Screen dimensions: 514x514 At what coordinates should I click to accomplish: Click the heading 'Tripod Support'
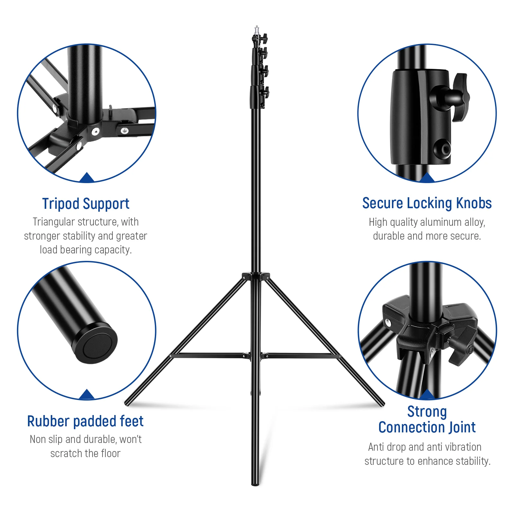[85, 204]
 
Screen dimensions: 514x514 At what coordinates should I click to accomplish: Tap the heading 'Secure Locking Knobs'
[427, 203]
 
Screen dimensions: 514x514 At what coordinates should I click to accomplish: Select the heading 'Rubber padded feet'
[85, 421]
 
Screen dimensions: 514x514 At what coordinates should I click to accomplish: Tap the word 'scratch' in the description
[66, 453]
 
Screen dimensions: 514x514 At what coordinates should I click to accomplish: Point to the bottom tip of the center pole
[255, 483]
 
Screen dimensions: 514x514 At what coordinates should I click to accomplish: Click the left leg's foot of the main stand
[127, 403]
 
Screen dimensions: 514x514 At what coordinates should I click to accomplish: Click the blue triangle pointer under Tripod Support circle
[86, 178]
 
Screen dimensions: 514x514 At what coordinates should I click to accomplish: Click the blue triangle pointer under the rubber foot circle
[86, 395]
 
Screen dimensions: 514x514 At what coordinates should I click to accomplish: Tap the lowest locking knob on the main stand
[265, 93]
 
